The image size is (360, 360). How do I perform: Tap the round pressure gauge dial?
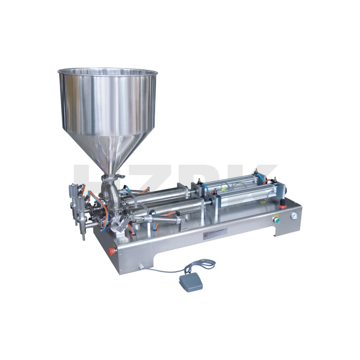pos(294,216)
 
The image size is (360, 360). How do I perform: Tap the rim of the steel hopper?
pos(108,72)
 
